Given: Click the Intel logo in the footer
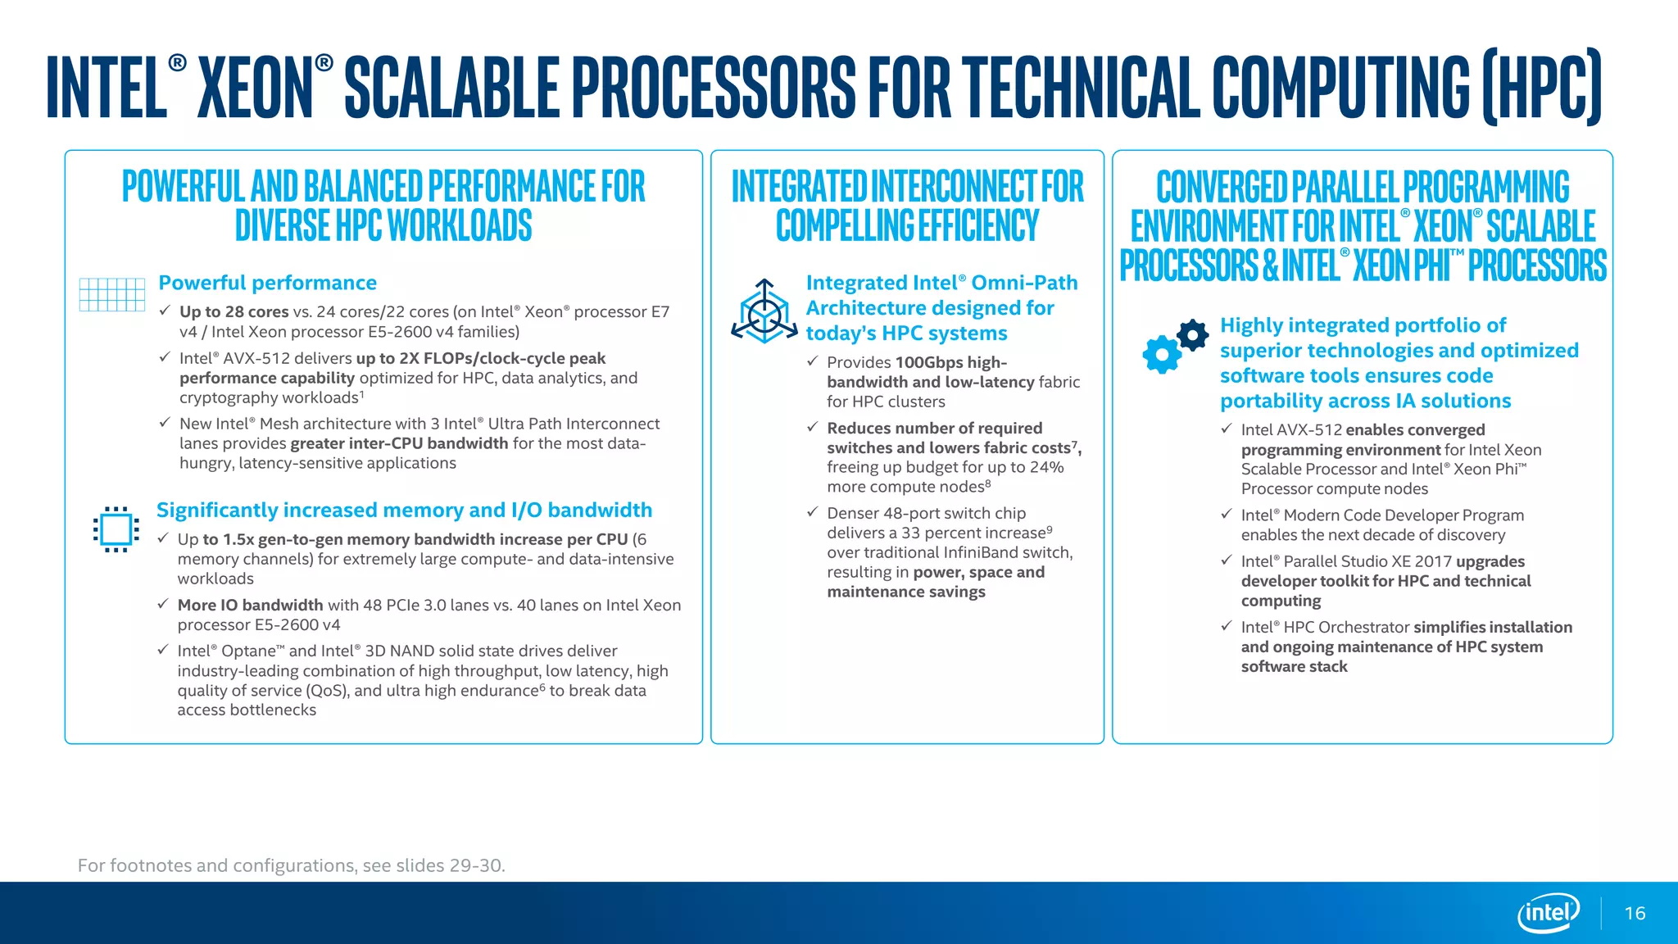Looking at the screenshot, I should click(1548, 912).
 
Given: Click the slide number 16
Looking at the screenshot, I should click(1635, 913).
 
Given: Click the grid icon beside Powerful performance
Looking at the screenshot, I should click(112, 294).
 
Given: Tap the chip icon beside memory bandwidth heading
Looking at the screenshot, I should click(116, 529).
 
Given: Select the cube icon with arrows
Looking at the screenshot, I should click(764, 311).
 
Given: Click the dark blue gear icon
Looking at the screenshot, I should click(1192, 334).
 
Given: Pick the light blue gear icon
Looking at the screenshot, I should click(1162, 355).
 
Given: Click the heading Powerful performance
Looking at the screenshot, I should click(267, 283).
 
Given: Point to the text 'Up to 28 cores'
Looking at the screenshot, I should click(234, 311).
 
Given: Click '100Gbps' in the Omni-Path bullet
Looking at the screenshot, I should click(928, 362).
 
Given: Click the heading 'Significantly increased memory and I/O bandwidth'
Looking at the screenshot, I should click(404, 510).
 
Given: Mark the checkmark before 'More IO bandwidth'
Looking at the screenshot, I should click(163, 604).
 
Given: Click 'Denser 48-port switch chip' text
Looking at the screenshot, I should click(926, 513).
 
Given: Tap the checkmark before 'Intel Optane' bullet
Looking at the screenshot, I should click(163, 650).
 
